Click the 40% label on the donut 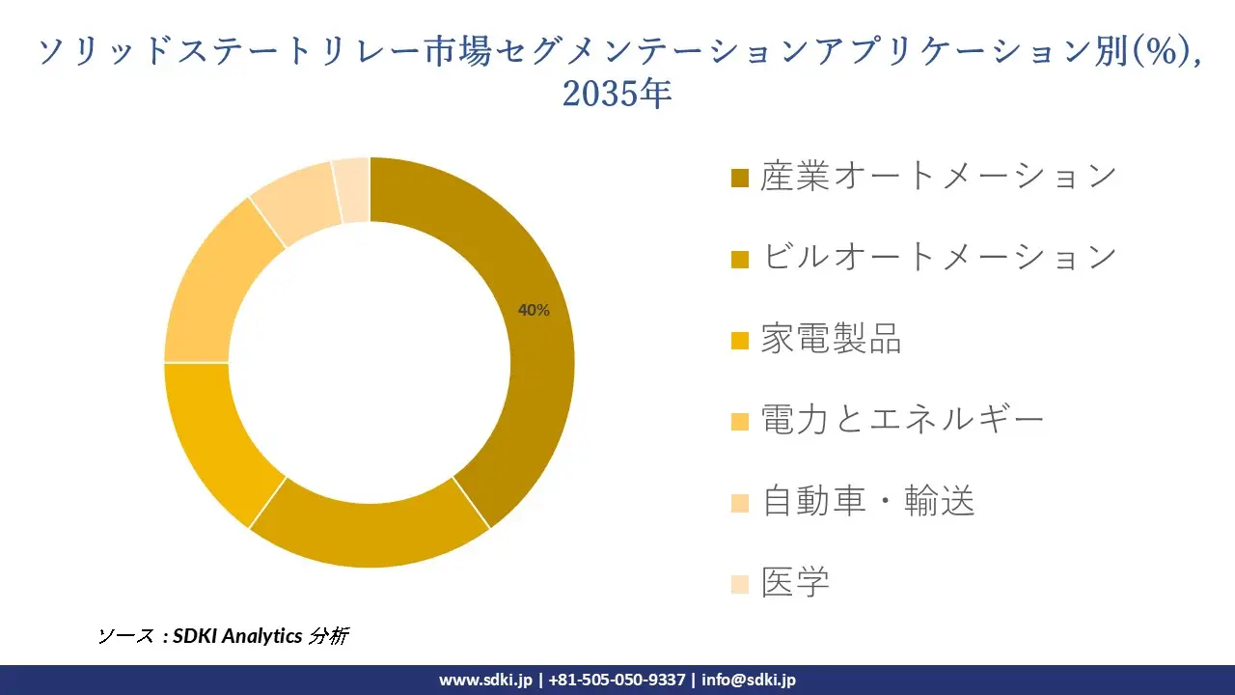534,310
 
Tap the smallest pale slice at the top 352,189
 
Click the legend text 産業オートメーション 938,177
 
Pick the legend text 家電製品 831,339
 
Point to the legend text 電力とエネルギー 902,420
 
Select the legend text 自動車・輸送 867,501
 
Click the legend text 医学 795,582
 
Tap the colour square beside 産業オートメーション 740,179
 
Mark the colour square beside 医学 740,584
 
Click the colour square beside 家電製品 740,341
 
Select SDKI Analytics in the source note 237,636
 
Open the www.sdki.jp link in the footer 485,680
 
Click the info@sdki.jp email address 749,680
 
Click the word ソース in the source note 125,636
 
